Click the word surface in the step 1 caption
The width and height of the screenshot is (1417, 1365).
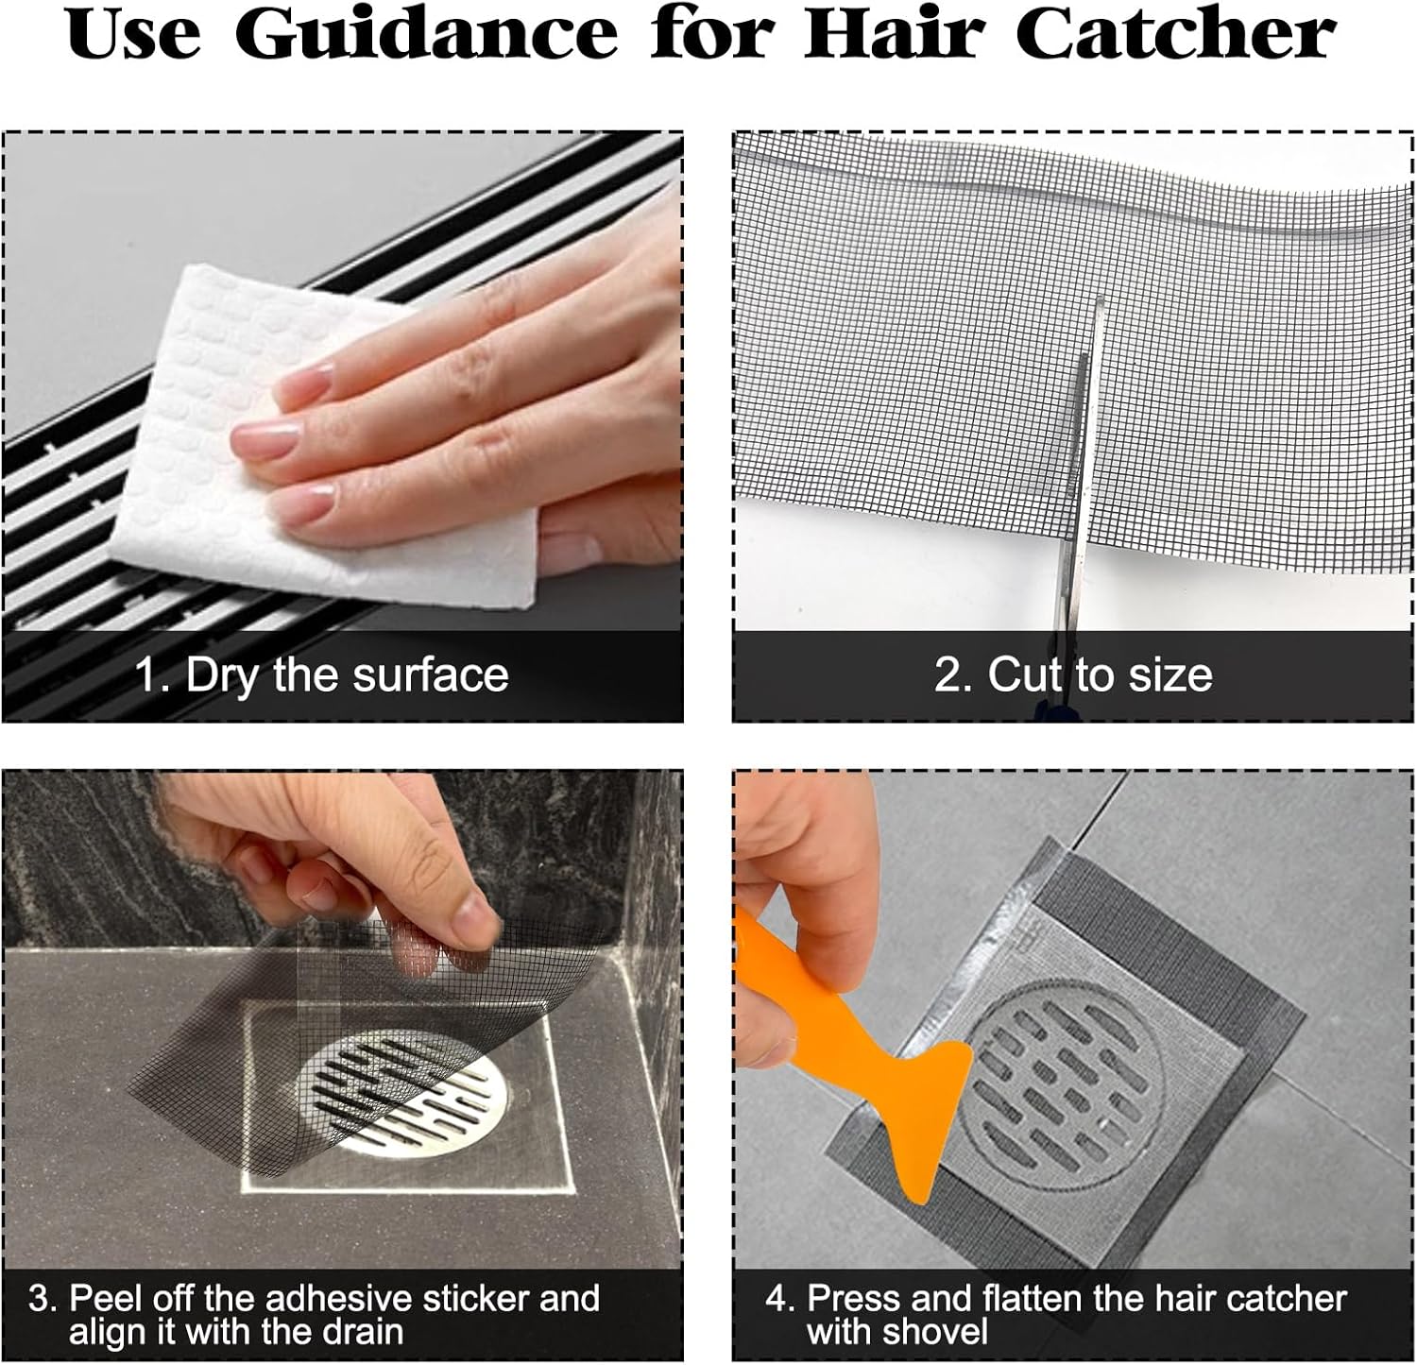431,674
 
